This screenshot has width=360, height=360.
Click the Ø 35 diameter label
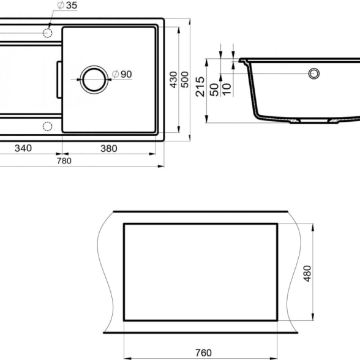pyautogui.click(x=67, y=5)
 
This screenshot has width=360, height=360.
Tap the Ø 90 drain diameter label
pyautogui.click(x=122, y=74)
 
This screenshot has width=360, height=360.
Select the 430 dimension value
pyautogui.click(x=174, y=80)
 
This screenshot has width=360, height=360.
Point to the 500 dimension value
pyautogui.click(x=185, y=80)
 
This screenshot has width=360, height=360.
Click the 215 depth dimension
pyautogui.click(x=200, y=86)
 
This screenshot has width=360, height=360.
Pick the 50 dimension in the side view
pyautogui.click(x=214, y=90)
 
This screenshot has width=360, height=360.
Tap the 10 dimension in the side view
pyautogui.click(x=227, y=90)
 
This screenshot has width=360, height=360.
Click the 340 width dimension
pyautogui.click(x=23, y=148)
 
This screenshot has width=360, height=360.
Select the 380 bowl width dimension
pyautogui.click(x=109, y=149)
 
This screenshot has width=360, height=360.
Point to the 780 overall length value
pyautogui.click(x=64, y=161)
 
